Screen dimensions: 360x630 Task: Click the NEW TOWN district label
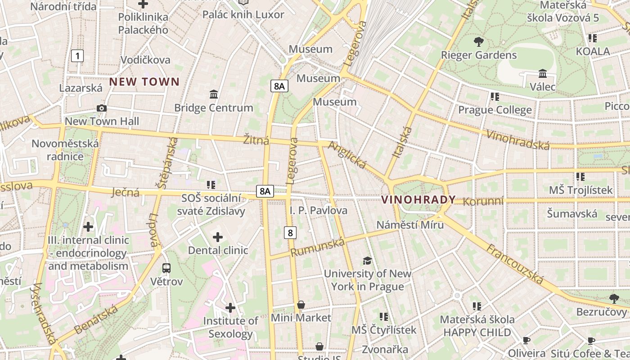(144, 82)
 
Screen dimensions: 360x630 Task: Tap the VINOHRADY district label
(418, 200)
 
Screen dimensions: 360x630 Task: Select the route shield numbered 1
(78, 56)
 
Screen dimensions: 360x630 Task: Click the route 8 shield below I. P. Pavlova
(291, 233)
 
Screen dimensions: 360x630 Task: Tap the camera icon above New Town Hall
(102, 108)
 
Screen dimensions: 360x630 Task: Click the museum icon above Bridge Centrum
(214, 94)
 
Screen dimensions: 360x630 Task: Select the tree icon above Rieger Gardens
(479, 42)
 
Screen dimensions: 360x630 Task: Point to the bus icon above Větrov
(166, 268)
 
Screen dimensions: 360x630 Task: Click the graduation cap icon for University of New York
(368, 261)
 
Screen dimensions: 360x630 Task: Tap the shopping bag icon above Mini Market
(301, 305)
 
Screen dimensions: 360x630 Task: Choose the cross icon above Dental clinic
(218, 237)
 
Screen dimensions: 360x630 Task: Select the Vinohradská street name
(518, 139)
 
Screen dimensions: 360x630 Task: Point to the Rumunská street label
(318, 247)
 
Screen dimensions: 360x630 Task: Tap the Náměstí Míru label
(410, 225)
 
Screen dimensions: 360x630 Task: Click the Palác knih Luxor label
(243, 14)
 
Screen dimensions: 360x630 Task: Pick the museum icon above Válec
(543, 73)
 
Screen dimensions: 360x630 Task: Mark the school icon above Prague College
(495, 96)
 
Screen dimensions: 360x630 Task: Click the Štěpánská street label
(166, 162)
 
